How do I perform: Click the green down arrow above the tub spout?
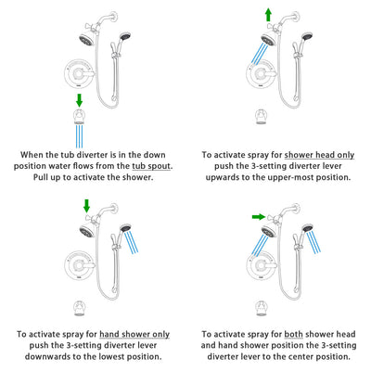79,99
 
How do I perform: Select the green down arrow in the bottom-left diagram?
85,205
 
